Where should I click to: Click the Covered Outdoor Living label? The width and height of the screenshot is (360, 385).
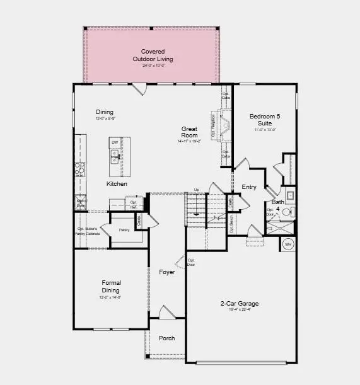pos(153,55)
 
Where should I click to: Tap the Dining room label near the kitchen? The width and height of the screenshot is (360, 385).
pos(104,112)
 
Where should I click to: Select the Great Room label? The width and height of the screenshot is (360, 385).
pos(189,132)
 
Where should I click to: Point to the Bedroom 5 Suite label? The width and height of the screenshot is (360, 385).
pos(265,120)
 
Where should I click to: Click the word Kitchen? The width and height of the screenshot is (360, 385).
pos(117,184)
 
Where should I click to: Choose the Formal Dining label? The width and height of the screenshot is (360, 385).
pos(111,286)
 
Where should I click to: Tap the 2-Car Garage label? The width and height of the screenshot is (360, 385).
pos(235,304)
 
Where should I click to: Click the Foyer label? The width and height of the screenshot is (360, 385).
pos(166,273)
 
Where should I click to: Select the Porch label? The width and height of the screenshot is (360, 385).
pos(166,338)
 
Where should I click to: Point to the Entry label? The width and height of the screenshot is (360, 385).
pos(249,187)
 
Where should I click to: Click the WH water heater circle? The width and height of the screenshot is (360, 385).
pos(288,244)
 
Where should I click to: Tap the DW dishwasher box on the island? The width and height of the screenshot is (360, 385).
pos(115,143)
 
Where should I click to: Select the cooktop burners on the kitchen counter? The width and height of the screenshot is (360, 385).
pos(80,168)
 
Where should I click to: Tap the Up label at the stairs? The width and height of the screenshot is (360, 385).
pos(196,190)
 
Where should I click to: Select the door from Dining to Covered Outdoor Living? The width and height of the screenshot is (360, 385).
pos(142,89)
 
